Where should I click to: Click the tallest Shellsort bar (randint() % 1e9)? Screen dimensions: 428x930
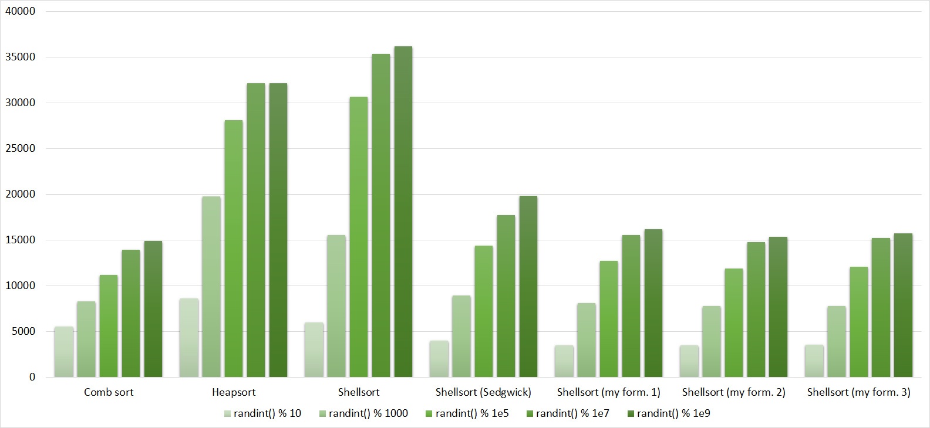pyautogui.click(x=403, y=211)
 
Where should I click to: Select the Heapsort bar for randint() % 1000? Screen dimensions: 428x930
pyautogui.click(x=211, y=287)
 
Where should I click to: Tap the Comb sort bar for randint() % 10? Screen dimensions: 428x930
pyautogui.click(x=64, y=352)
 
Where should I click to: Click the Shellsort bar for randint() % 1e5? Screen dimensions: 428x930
pyautogui.click(x=358, y=237)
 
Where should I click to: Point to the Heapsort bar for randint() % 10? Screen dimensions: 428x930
pyautogui.click(x=189, y=338)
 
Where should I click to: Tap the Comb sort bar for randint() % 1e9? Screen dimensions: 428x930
pyautogui.click(x=153, y=309)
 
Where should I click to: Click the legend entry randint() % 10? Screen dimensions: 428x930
pyautogui.click(x=262, y=413)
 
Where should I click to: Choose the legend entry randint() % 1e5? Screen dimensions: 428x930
pyautogui.click(x=467, y=413)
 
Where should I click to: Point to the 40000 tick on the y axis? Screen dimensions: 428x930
pyautogui.click(x=21, y=11)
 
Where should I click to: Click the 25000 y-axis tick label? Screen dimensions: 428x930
pyautogui.click(x=21, y=148)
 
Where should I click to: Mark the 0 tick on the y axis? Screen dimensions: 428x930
pyautogui.click(x=32, y=377)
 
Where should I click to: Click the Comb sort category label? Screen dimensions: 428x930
pyautogui.click(x=109, y=392)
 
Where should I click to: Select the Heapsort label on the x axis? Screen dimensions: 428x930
pyautogui.click(x=234, y=392)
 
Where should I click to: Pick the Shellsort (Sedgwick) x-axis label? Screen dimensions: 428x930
pyautogui.click(x=483, y=392)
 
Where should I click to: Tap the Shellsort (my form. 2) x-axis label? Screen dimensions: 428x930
pyautogui.click(x=734, y=392)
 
